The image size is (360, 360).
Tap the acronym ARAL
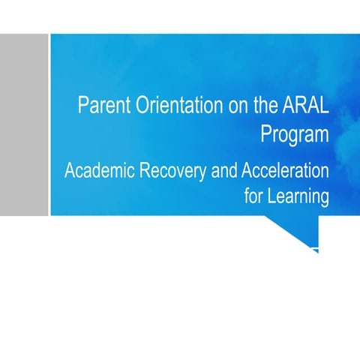tap(304, 106)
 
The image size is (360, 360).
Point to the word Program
tap(295, 134)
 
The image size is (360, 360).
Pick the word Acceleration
tap(284, 170)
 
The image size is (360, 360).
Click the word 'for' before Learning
tap(255, 196)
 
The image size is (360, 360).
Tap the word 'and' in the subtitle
tap(222, 170)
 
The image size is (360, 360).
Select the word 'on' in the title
tap(238, 106)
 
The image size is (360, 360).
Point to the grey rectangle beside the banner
tap(24, 124)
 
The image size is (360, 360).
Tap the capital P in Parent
tap(83, 106)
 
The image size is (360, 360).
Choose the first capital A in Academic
tap(70, 170)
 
